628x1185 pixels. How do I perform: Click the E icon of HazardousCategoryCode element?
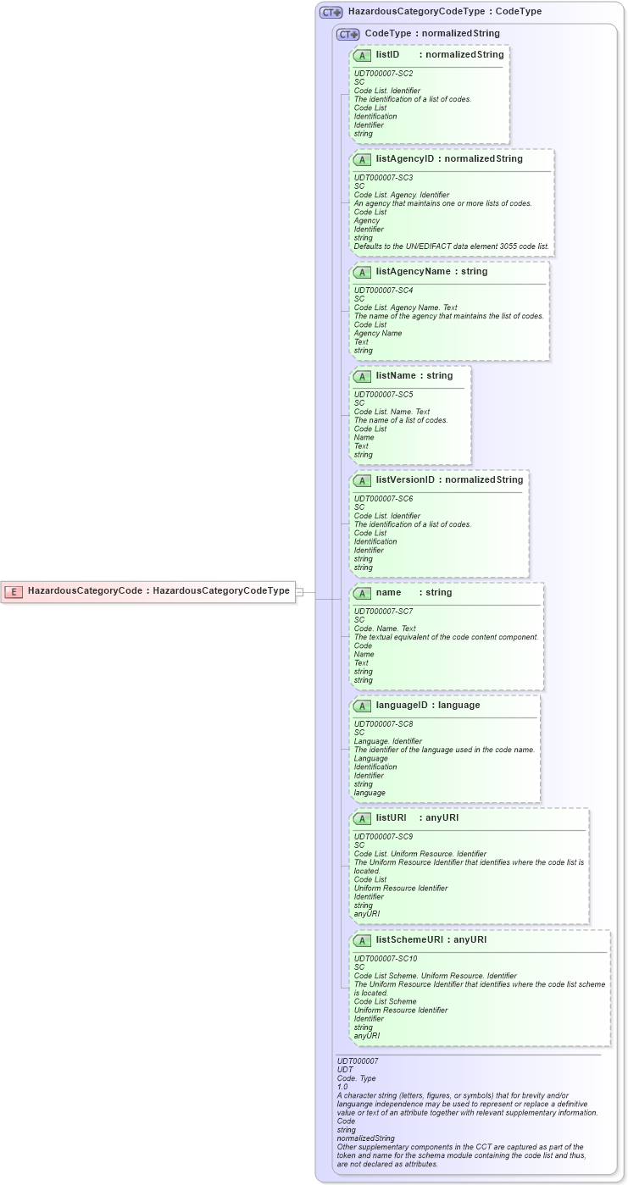[x=14, y=591]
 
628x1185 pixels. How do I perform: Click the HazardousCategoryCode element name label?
[x=85, y=591]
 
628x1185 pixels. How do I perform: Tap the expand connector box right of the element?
[x=299, y=592]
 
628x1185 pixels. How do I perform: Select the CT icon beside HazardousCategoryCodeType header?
[x=331, y=13]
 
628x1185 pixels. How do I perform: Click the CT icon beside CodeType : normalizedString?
[x=347, y=35]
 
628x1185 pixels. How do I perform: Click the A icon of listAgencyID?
[x=363, y=159]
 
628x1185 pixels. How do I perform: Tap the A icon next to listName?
[x=363, y=376]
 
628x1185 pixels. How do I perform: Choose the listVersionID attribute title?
[x=405, y=480]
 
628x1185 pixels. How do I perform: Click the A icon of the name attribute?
[x=363, y=593]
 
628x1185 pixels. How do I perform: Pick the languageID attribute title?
[x=403, y=706]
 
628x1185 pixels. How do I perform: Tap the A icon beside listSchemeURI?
[x=363, y=940]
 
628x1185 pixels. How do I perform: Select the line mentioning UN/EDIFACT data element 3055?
[x=451, y=246]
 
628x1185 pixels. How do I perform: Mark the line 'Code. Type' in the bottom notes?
[x=356, y=1078]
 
